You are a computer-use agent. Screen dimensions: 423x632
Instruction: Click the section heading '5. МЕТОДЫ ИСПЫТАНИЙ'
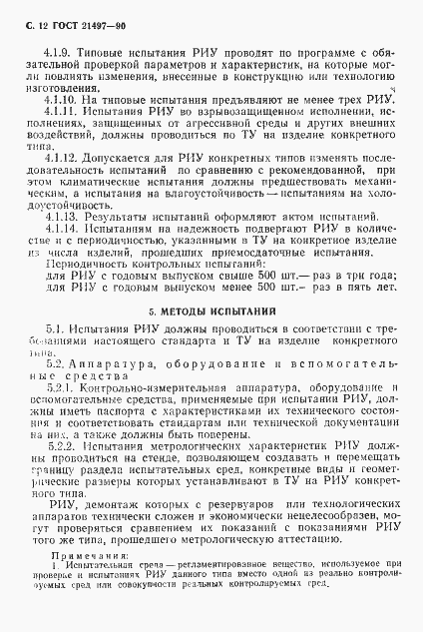pos(211,312)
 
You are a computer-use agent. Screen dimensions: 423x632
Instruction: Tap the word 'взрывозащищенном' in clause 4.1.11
pos(211,114)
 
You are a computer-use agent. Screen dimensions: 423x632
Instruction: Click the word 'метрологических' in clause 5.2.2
pos(186,449)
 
